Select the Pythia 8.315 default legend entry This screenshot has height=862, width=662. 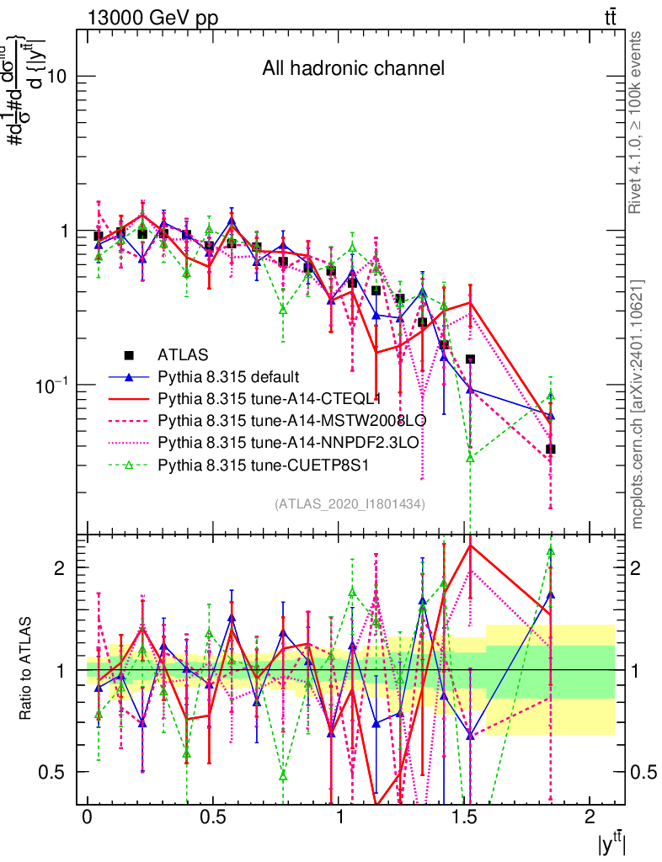228,376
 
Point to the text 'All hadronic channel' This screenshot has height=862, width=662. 352,68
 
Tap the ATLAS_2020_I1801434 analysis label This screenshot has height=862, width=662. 350,503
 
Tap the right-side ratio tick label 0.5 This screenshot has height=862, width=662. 643,772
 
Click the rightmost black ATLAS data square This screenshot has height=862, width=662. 550,449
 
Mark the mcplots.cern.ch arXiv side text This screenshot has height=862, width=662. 638,403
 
